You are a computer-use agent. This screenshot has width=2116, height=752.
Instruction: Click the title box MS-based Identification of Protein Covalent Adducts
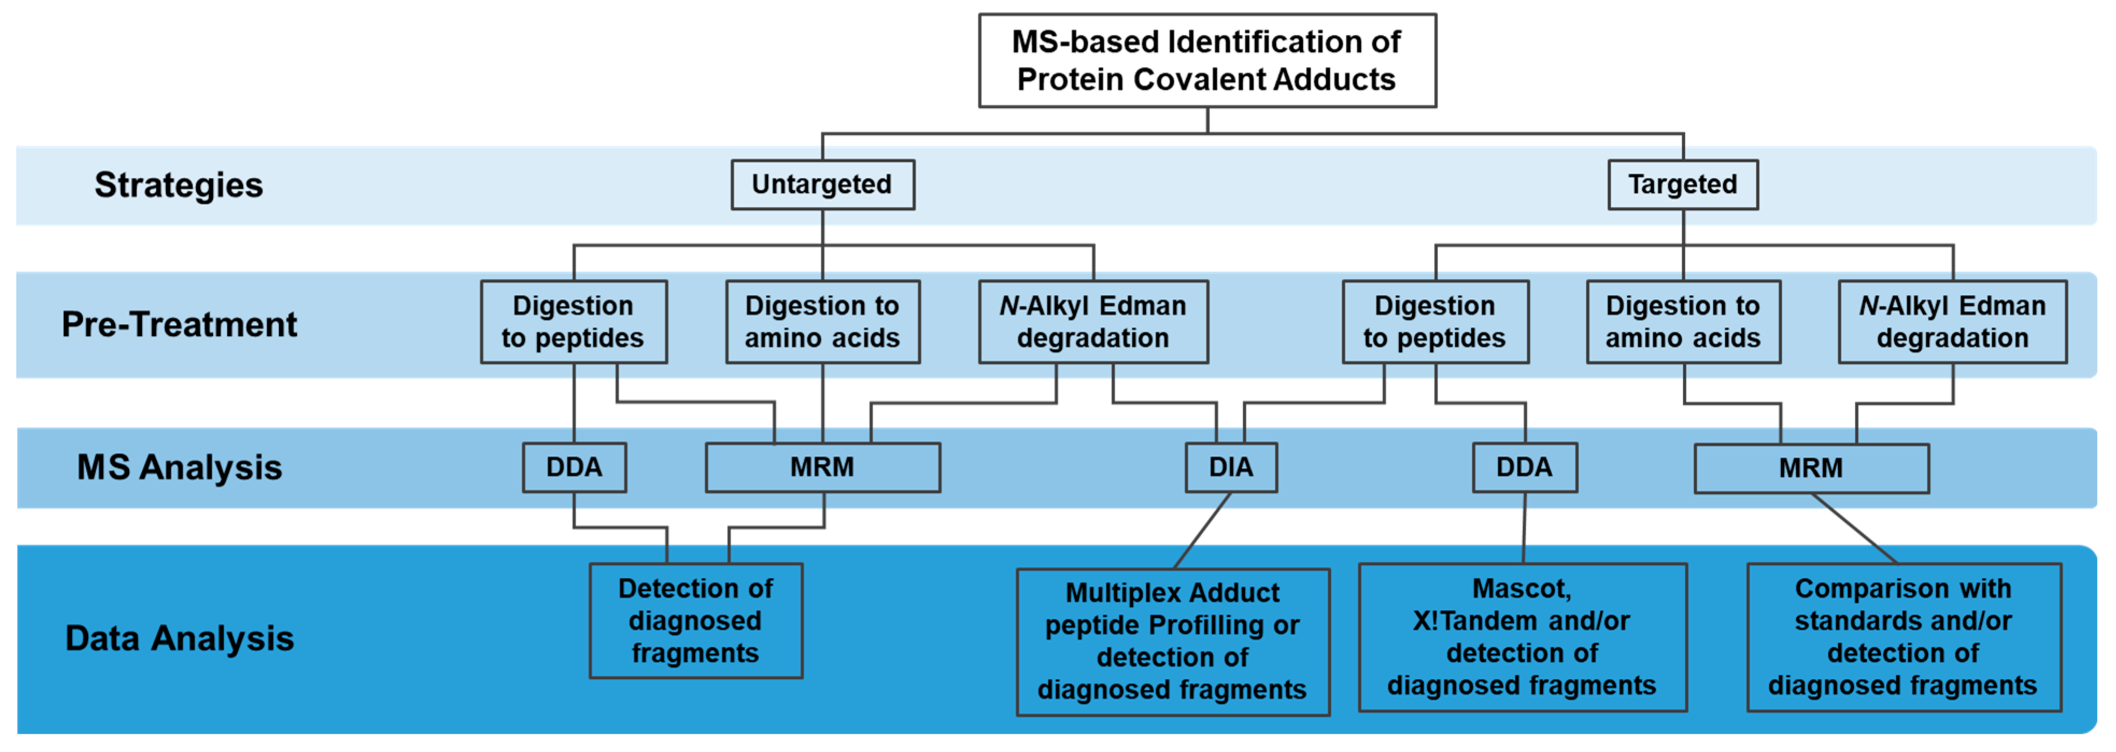pyautogui.click(x=1206, y=60)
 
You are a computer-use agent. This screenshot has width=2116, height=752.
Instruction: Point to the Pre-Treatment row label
pyautogui.click(x=179, y=324)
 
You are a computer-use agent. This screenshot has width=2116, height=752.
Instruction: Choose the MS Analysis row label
pyautogui.click(x=179, y=467)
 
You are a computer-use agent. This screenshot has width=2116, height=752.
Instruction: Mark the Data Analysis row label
pyautogui.click(x=179, y=638)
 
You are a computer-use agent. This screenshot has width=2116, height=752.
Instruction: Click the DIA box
pyautogui.click(x=1231, y=467)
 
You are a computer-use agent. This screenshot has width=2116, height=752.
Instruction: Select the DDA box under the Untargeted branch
pyautogui.click(x=574, y=467)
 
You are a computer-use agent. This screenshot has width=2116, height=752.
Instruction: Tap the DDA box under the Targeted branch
pyautogui.click(x=1524, y=467)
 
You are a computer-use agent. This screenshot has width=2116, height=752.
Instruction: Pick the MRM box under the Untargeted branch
pyautogui.click(x=822, y=467)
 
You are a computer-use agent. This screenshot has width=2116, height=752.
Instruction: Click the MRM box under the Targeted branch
pyautogui.click(x=1810, y=468)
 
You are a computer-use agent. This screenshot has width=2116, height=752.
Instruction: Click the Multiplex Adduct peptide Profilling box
pyautogui.click(x=1172, y=641)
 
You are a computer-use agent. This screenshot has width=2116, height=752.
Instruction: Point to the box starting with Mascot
pyautogui.click(x=1522, y=637)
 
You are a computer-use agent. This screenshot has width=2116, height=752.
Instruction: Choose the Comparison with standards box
pyautogui.click(x=1903, y=637)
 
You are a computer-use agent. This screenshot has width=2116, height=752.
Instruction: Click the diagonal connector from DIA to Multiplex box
pyautogui.click(x=1203, y=531)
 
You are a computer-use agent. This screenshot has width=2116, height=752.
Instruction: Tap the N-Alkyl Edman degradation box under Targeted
pyautogui.click(x=1952, y=322)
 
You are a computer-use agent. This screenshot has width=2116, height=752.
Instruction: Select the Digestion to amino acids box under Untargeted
pyautogui.click(x=822, y=322)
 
